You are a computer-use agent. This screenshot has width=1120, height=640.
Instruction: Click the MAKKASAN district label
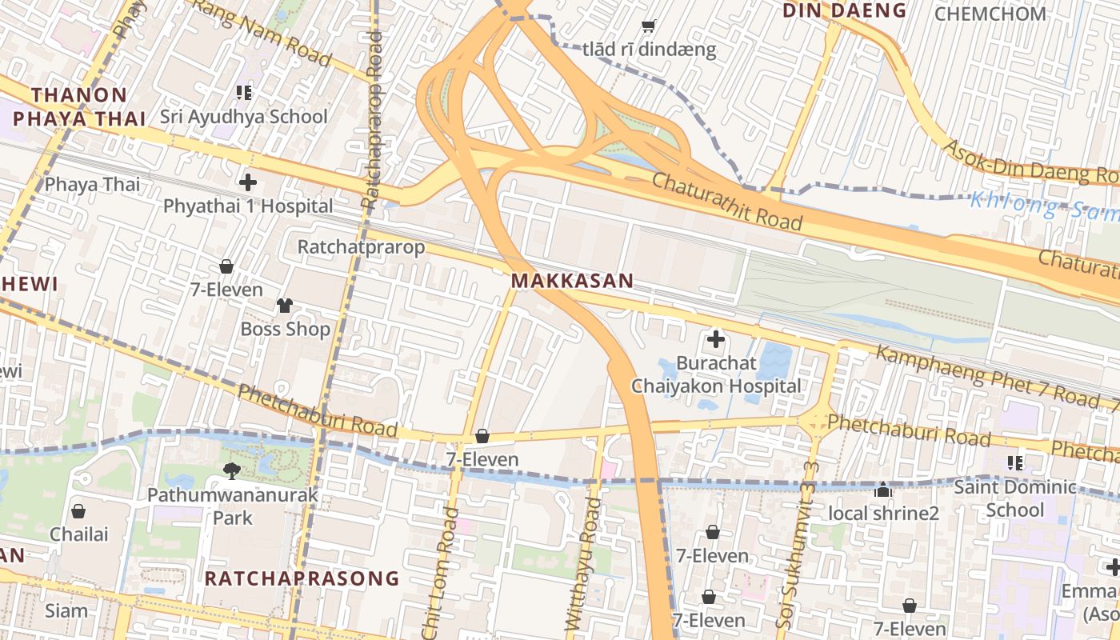[x=572, y=281]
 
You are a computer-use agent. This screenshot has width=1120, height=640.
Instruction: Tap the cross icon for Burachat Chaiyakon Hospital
[x=716, y=339]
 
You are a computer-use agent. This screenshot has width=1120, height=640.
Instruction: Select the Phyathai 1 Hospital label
[x=248, y=206]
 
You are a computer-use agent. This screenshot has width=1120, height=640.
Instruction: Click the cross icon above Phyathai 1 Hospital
[x=248, y=182]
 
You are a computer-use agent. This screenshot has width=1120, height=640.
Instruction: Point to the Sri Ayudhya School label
[x=244, y=117]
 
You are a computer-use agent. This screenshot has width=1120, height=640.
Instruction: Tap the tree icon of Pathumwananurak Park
[x=232, y=470]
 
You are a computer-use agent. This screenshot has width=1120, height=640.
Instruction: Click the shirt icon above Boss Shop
[x=285, y=305]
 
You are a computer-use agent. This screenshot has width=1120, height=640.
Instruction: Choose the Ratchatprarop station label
[x=361, y=246]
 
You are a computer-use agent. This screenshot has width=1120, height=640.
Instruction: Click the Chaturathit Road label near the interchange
[x=726, y=201]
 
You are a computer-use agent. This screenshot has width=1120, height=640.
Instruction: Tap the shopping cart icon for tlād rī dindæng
[x=649, y=26]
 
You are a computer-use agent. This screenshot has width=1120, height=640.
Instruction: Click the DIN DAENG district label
[x=844, y=10]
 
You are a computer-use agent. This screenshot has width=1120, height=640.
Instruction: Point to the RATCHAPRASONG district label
[x=302, y=578]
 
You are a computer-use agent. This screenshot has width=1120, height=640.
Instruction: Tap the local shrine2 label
[x=883, y=513]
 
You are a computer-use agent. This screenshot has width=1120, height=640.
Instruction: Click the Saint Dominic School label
[x=1015, y=498]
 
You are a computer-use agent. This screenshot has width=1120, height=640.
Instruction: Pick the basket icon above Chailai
[x=78, y=510]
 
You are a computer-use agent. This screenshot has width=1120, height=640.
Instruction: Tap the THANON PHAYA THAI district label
[x=79, y=106]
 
